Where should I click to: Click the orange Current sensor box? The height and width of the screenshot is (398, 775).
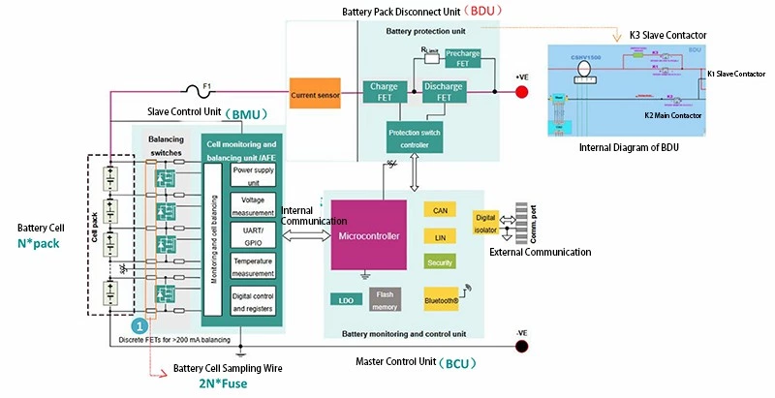[314, 94]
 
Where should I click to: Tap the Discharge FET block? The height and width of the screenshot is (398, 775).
[444, 92]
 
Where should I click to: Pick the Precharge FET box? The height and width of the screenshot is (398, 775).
[463, 59]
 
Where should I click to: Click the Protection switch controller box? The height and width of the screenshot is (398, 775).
[415, 138]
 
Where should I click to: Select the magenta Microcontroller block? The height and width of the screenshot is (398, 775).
[368, 235]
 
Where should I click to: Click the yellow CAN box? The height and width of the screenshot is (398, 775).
[440, 209]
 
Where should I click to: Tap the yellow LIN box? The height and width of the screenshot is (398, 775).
[440, 235]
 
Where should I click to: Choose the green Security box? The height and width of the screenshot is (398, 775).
[440, 261]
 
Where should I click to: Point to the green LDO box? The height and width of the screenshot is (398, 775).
[346, 300]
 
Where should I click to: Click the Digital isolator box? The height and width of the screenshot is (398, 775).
[485, 224]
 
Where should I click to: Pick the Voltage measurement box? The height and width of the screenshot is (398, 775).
[252, 205]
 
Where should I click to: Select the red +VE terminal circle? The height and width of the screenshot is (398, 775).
[521, 92]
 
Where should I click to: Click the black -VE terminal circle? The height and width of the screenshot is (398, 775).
[521, 344]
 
